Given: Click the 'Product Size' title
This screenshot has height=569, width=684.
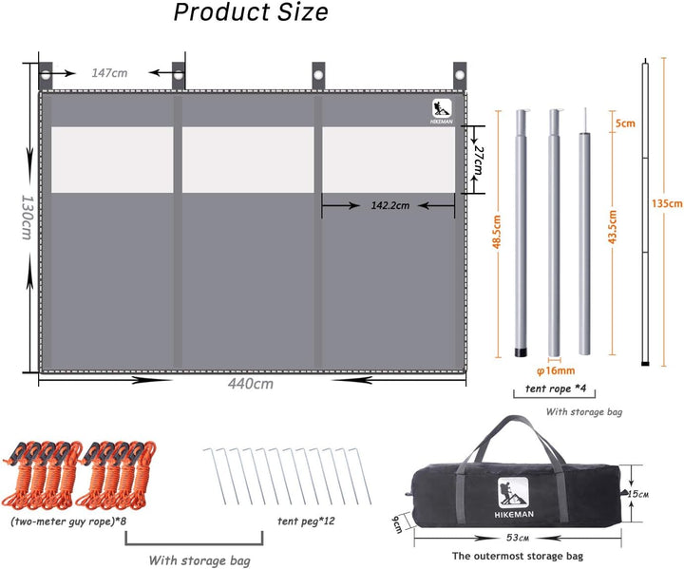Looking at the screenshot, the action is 251,12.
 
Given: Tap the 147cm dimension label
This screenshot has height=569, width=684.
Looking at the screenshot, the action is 109,73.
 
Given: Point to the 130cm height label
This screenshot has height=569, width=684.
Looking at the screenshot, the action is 27,217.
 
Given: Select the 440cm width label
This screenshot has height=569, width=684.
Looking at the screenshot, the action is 251,384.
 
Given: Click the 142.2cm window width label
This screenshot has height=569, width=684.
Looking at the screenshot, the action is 390,205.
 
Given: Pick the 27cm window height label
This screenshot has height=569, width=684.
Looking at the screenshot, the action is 479,161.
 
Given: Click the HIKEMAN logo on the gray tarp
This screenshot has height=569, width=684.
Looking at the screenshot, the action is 442,112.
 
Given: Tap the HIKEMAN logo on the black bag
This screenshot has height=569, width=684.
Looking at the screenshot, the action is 513,498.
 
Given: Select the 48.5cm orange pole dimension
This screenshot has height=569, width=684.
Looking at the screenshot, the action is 497,231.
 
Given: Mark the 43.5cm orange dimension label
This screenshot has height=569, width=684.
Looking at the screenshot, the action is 613,227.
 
